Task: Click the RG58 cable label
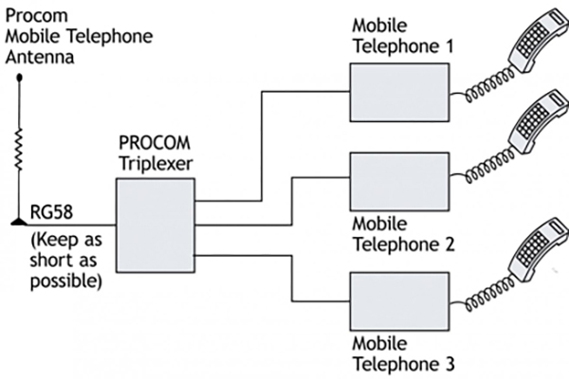(x=48, y=209)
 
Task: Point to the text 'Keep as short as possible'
(x=65, y=255)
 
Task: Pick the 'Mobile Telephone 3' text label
(x=404, y=352)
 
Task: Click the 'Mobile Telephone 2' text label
(x=404, y=235)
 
